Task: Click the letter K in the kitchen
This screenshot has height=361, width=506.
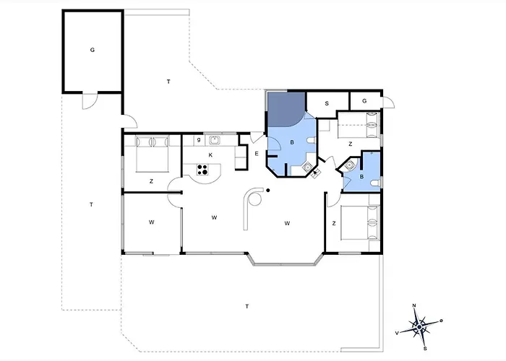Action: click(210, 155)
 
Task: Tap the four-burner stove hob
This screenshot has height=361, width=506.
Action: click(202, 170)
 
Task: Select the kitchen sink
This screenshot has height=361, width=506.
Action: click(214, 141)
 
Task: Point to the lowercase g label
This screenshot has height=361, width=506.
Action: click(199, 140)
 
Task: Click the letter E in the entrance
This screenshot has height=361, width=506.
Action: click(257, 154)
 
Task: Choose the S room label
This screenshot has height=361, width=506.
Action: click(327, 103)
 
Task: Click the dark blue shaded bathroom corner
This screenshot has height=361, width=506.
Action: click(285, 109)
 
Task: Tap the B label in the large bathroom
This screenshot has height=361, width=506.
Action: click(292, 142)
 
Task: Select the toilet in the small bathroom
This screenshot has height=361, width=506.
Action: click(375, 183)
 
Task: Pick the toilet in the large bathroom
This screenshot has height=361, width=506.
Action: click(310, 142)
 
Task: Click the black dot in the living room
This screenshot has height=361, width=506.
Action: click(268, 191)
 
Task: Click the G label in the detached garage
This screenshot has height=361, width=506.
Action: click(93, 50)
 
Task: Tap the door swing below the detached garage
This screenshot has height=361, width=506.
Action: click(90, 101)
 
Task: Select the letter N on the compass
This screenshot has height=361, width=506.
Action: click(415, 305)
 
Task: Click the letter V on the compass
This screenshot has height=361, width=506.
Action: click(397, 333)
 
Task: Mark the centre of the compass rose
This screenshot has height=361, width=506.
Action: click(419, 327)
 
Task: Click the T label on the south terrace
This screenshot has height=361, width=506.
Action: click(247, 306)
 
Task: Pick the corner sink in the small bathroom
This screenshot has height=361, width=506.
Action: click(349, 165)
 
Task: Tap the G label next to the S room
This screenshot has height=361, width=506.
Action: click(364, 101)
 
